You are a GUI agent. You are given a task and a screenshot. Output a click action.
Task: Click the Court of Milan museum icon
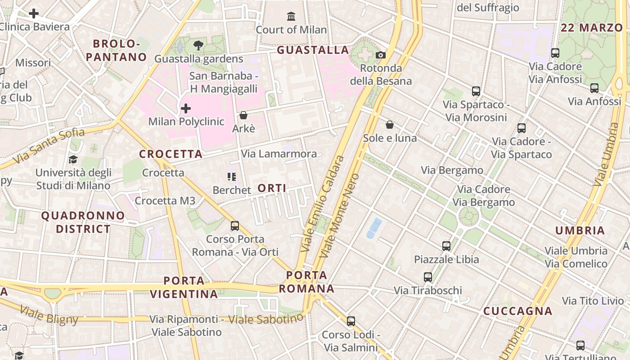click(291, 17)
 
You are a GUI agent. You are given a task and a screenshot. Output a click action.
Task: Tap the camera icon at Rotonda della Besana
click(381, 55)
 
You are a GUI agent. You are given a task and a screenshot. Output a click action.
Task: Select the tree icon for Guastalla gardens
click(198, 45)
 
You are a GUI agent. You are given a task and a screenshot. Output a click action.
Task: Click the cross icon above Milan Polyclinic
click(185, 108)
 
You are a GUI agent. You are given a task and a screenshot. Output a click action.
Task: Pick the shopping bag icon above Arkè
click(243, 115)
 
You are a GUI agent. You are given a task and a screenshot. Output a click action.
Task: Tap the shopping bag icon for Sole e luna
click(390, 125)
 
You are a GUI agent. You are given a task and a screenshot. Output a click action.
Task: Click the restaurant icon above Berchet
click(232, 177)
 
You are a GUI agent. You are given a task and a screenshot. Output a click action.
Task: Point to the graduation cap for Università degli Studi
click(73, 160)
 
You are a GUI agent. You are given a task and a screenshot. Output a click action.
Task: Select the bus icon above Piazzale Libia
click(446, 246)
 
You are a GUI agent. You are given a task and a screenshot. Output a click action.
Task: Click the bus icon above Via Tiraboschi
click(428, 277)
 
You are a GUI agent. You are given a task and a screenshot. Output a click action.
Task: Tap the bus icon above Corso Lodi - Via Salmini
click(351, 321)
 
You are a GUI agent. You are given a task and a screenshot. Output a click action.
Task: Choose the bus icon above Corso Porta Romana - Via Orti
click(235, 226)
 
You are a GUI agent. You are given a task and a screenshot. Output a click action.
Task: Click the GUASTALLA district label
click(313, 50)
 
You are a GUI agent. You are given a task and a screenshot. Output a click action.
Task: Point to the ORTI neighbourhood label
click(272, 188)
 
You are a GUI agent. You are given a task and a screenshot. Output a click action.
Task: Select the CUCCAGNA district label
click(517, 311)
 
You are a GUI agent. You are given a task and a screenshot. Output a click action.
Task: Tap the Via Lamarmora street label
click(279, 154)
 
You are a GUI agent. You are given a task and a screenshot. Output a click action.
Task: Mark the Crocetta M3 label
click(165, 201)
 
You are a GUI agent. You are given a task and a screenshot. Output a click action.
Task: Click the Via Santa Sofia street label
click(49, 145)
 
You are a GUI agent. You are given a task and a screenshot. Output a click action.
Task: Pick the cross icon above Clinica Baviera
click(33, 13)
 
